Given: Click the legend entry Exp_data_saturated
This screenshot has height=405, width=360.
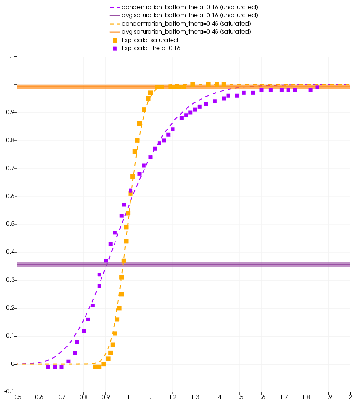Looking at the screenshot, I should [x=150, y=40].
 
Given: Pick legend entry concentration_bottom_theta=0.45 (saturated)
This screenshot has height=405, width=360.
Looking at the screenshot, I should [x=186, y=24].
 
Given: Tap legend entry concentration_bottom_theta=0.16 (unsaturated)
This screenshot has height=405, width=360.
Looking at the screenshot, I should [x=186, y=7].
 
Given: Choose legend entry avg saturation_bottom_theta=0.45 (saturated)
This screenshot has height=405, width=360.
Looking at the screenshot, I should [x=186, y=31].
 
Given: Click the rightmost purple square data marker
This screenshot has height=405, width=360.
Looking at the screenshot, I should [x=317, y=87].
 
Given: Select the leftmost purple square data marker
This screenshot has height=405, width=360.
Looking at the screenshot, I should [x=48, y=367].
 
